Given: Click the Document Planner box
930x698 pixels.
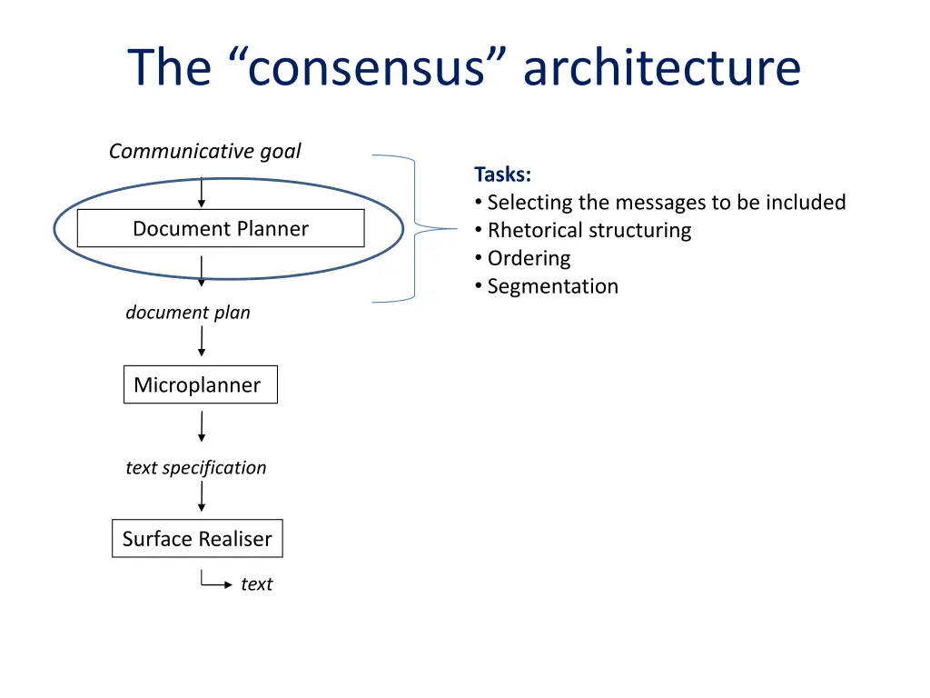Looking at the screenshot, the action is pos(221,228).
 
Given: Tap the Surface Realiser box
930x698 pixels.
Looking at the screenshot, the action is pos(197,539).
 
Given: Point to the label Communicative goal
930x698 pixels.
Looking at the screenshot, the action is pos(204,151).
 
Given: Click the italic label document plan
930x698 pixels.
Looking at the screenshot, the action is pos(188,313).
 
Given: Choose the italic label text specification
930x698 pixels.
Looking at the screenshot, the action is pos(196,468).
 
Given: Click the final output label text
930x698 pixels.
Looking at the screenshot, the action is pos(256,584).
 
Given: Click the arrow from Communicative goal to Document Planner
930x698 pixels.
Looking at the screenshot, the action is pos(202,192).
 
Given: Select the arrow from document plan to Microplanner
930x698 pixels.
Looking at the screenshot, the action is pos(202,341).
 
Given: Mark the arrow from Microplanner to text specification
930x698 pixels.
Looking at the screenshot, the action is pos(202,426).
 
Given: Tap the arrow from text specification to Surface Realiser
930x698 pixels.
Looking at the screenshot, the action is pos(202,496).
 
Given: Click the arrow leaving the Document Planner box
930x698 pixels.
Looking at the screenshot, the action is pos(202,271).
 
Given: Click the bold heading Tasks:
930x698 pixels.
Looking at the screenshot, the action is pos(502,174).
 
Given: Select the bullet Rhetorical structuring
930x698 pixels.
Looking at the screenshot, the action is pos(589,231).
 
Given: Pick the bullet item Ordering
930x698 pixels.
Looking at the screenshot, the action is pos(529,259).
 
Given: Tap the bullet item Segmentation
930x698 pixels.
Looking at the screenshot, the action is pos(552,287).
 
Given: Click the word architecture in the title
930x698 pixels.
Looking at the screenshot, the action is pos(662,68).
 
